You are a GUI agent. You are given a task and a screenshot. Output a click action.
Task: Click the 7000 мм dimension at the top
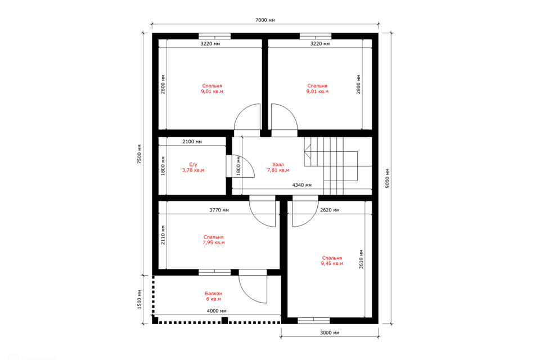click(x=265, y=20)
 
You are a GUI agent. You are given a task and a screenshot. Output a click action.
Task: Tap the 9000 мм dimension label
click(x=387, y=178)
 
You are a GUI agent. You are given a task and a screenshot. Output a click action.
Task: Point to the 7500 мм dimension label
click(x=139, y=154)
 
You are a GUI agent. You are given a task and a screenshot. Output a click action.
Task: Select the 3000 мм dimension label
click(x=330, y=333)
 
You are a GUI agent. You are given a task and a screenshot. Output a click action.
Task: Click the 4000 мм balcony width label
click(x=216, y=310)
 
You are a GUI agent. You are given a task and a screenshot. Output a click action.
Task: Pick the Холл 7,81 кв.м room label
click(x=278, y=167)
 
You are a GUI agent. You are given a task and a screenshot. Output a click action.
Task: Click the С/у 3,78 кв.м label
click(x=193, y=167)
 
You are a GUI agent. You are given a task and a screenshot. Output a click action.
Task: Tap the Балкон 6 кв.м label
click(x=214, y=296)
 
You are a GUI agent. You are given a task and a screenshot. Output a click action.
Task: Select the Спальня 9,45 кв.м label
click(x=332, y=260)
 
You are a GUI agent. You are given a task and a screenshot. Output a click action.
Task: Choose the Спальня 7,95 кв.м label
click(x=214, y=240)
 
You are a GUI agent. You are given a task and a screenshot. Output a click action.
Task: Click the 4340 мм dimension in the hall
click(x=301, y=185)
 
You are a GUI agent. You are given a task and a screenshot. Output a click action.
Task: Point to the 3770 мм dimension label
click(x=219, y=210)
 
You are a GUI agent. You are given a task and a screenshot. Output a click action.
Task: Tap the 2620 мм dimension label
click(x=330, y=210)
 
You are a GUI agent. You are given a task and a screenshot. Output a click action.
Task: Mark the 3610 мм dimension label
click(x=361, y=259)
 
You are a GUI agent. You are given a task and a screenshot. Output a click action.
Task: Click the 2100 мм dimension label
click(x=192, y=142)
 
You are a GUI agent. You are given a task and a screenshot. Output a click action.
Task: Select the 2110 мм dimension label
click(x=163, y=235)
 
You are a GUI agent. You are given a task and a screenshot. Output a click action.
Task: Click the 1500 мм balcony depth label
click(x=139, y=299)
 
